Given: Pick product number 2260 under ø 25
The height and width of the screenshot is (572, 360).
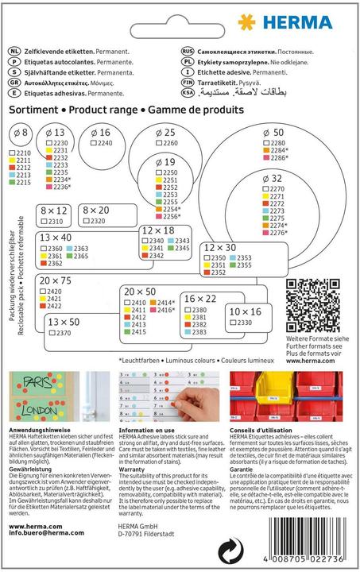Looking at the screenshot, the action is (169, 143).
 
